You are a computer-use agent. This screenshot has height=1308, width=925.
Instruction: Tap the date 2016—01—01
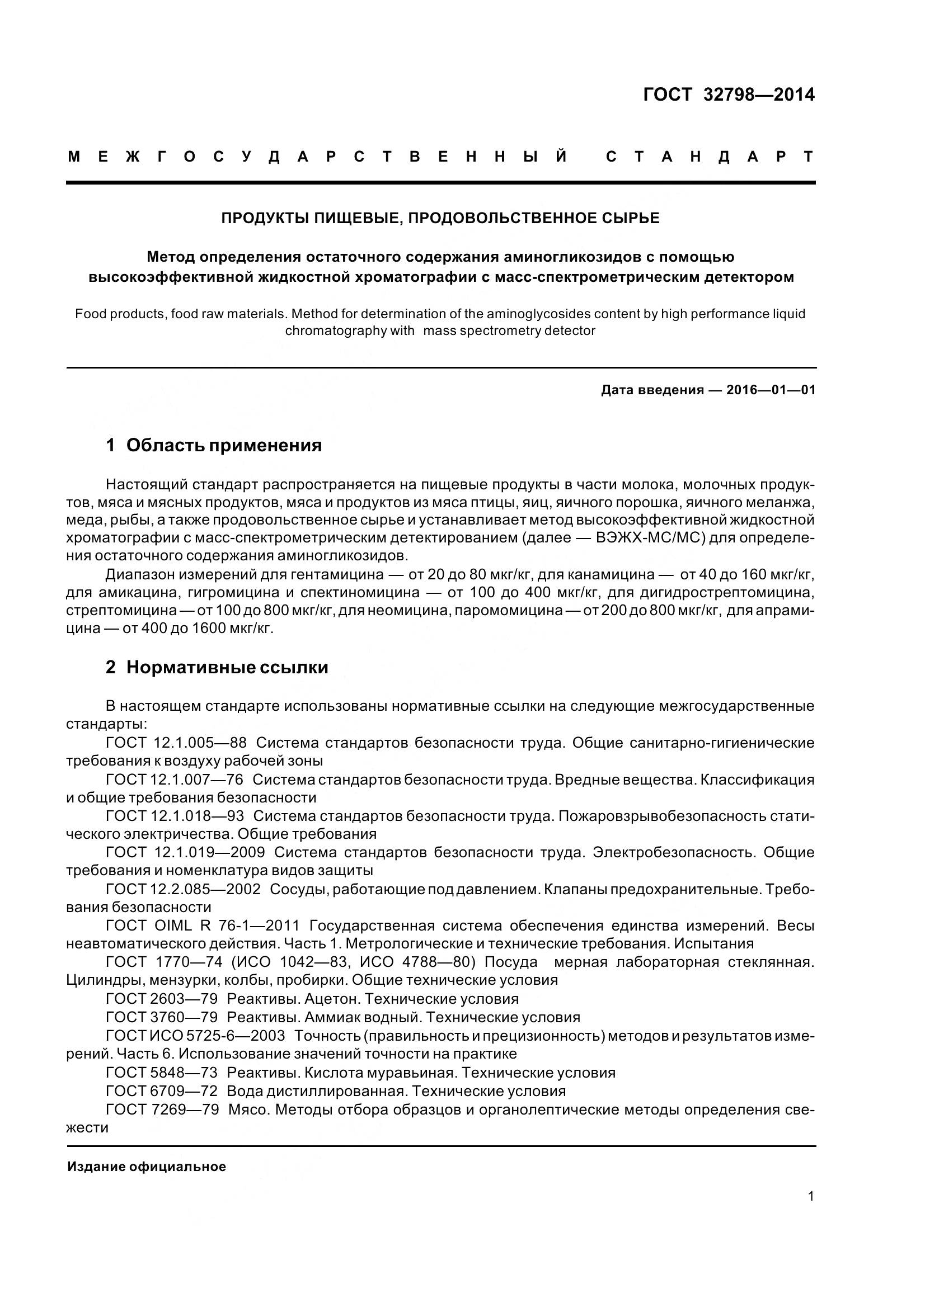[771, 390]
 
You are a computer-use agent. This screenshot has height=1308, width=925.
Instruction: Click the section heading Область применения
[223, 445]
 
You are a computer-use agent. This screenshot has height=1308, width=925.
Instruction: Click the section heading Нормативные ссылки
[227, 667]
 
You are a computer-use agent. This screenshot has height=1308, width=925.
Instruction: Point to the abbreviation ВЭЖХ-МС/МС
[649, 539]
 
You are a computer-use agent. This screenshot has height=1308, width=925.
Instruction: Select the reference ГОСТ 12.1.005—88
[176, 743]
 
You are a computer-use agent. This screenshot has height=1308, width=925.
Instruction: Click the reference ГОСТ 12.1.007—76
[175, 780]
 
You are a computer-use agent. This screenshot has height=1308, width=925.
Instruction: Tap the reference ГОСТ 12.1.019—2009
[185, 852]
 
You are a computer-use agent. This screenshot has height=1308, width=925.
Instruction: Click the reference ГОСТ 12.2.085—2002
[183, 889]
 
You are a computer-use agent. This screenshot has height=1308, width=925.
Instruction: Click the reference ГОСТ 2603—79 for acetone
[162, 999]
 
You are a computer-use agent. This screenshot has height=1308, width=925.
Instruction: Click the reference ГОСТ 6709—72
[162, 1091]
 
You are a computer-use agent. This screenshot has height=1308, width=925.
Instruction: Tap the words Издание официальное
[147, 1166]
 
